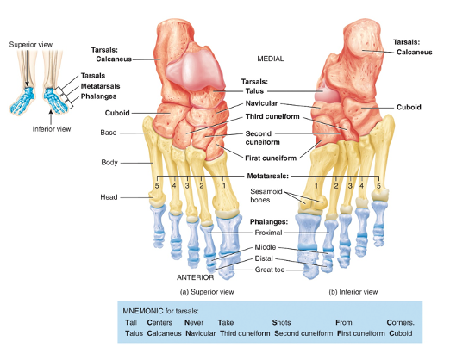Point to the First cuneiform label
pyautogui.click(x=271, y=158)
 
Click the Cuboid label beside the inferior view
pyautogui.click(x=409, y=107)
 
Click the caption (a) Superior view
pyautogui.click(x=204, y=292)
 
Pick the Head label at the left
pyautogui.click(x=108, y=197)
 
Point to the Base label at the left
pyautogui.click(x=108, y=133)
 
